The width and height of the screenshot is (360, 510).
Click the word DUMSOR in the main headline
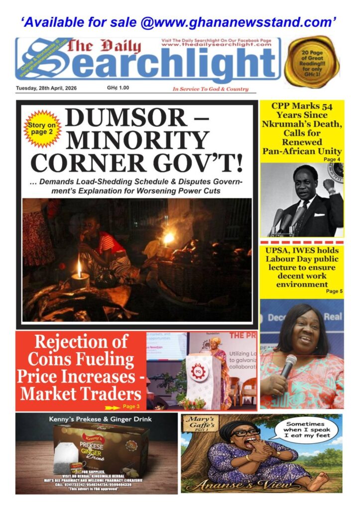(120, 118)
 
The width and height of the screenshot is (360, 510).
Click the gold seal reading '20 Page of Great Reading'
(311, 62)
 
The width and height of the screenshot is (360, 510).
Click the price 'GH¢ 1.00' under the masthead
(118, 88)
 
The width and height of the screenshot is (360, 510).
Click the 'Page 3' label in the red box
(130, 407)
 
